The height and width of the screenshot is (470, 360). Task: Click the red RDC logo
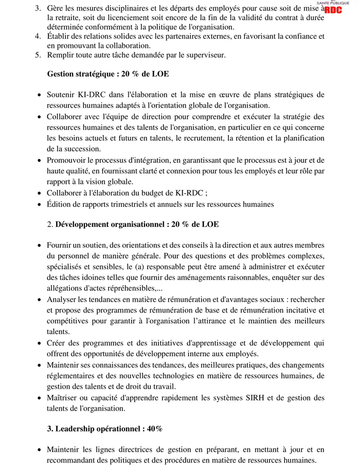(333, 9)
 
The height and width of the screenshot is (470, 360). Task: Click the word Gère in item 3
(56, 8)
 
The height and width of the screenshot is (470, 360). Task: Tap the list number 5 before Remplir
(38, 55)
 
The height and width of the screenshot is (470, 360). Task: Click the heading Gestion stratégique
(82, 74)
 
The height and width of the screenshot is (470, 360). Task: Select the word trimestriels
(126, 204)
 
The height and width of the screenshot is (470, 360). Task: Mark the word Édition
(59, 204)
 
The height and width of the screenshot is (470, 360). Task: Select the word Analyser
(62, 299)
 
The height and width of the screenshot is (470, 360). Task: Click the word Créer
(57, 343)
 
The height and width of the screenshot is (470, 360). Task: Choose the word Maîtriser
(63, 397)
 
